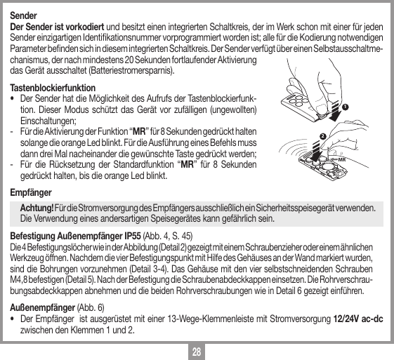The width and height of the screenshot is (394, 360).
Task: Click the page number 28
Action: [x=197, y=350]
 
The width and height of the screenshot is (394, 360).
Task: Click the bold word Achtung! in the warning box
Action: [x=38, y=208]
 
